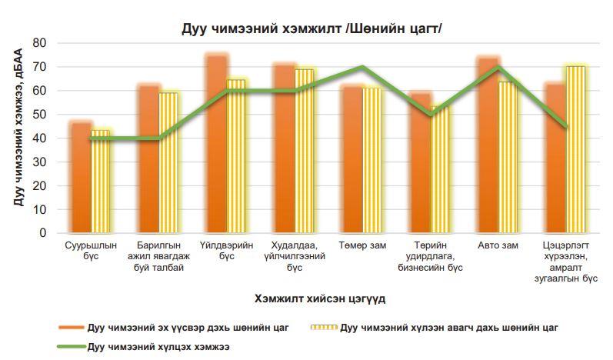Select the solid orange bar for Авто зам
pyautogui.click(x=488, y=145)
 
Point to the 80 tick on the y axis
pyautogui.click(x=40, y=43)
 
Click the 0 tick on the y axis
pyautogui.click(x=43, y=233)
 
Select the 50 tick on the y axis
pyautogui.click(x=40, y=115)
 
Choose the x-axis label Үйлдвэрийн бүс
pyautogui.click(x=225, y=251)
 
